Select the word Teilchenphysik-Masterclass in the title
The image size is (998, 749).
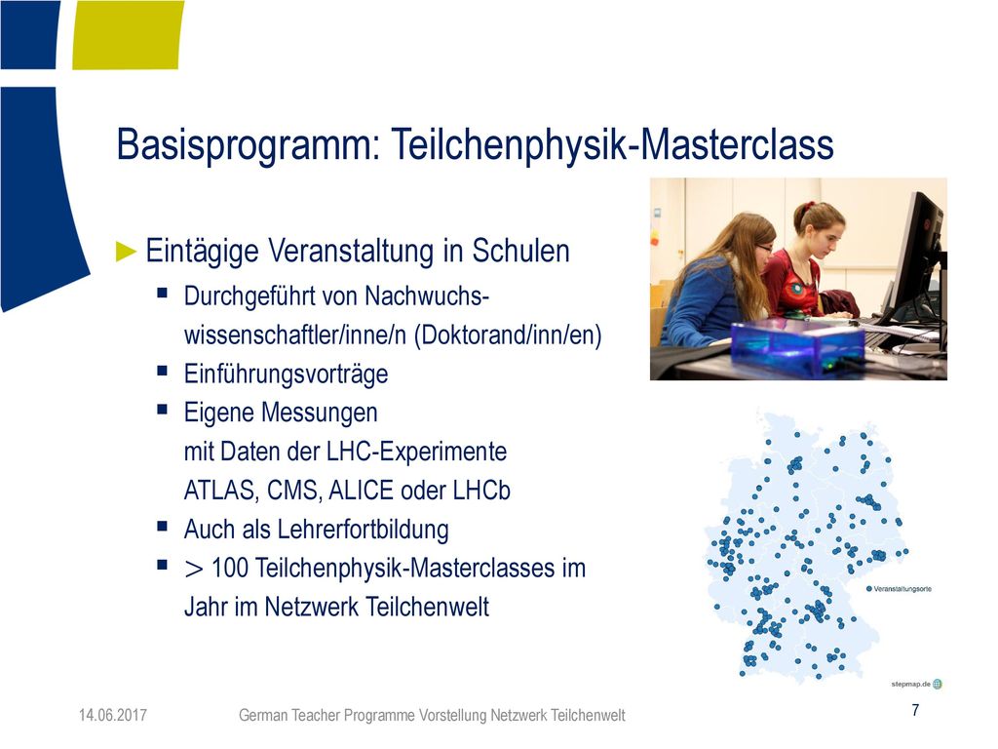coord(612,144)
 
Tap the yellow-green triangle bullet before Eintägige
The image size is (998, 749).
coord(127,252)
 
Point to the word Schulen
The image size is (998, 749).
coord(520,251)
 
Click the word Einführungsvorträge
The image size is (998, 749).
coord(286,374)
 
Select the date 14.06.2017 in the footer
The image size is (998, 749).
coord(113,715)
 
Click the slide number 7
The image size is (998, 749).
coord(915,710)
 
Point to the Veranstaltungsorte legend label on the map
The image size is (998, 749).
coord(902,589)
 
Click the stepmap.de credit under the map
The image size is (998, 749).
coord(911,684)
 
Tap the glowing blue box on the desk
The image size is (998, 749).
coord(797,346)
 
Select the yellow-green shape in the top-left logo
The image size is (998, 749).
coord(128,34)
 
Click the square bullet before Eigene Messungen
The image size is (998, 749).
coord(163,410)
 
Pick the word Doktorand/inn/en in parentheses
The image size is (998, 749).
coord(508,335)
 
